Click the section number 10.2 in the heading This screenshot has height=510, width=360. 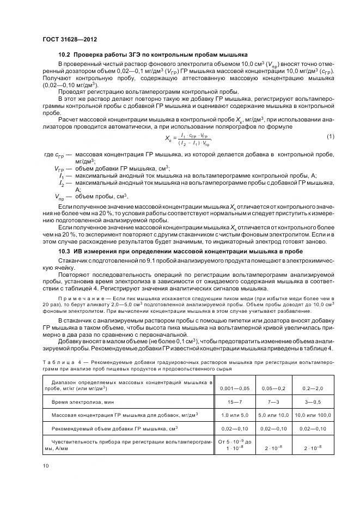pos(66,54)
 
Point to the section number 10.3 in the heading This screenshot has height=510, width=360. pos(66,252)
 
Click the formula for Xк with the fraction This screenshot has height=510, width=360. pos(189,140)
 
